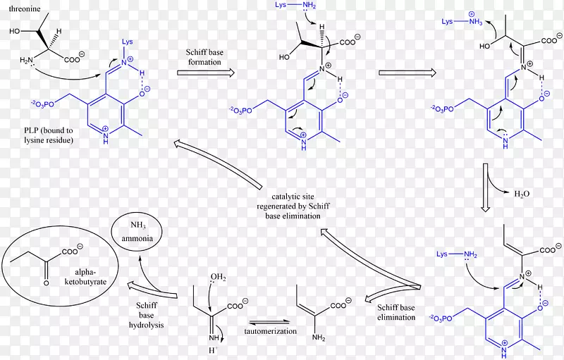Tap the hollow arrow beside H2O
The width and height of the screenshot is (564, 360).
485,186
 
